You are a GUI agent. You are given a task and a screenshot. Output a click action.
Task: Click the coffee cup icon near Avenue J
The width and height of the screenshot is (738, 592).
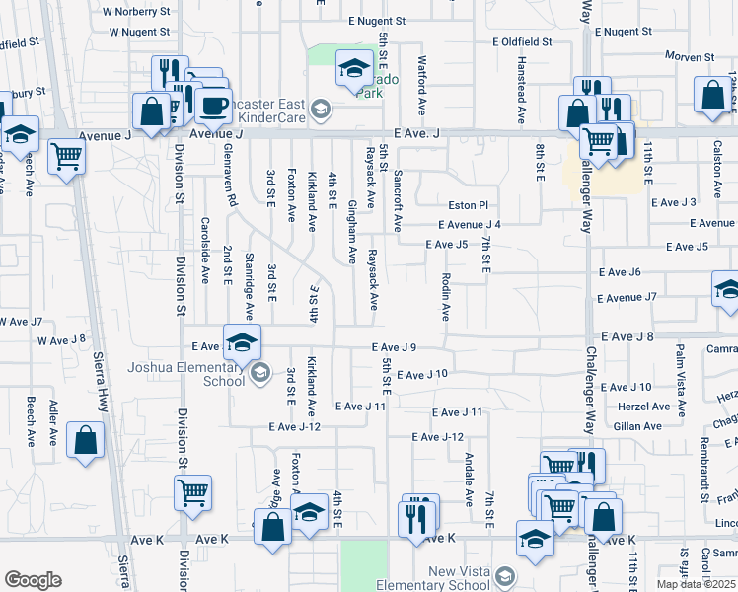tap(212, 107)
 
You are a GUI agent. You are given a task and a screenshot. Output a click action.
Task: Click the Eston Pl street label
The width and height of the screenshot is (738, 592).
tap(469, 205)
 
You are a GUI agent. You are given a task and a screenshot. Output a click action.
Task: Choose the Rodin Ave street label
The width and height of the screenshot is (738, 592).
tap(446, 297)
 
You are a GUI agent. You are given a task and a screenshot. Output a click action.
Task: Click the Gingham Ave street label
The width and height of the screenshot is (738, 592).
tap(352, 232)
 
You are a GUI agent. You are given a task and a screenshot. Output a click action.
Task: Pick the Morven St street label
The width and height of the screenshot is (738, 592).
tap(688, 56)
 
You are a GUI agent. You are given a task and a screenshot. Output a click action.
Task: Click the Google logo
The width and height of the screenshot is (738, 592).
tap(33, 580)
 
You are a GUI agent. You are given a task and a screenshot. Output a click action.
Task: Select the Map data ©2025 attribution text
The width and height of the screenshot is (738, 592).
tap(695, 584)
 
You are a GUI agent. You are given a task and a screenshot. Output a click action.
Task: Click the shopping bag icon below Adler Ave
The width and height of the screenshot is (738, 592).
tap(86, 444)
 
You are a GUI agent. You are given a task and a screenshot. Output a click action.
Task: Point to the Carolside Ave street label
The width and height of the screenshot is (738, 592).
tap(206, 251)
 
